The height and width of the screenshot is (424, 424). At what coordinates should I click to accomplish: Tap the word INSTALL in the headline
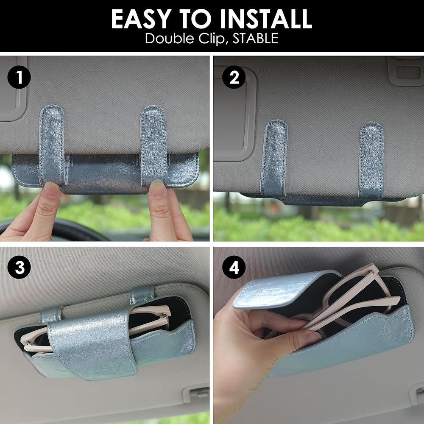pyautogui.click(x=266, y=19)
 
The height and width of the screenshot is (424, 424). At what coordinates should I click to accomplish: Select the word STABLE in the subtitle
pyautogui.click(x=255, y=38)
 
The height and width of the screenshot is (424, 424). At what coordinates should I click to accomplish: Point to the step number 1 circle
pyautogui.click(x=19, y=77)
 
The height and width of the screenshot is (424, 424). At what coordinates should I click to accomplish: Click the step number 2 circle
pyautogui.click(x=234, y=77)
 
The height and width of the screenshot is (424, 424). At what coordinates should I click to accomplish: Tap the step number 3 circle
pyautogui.click(x=19, y=267)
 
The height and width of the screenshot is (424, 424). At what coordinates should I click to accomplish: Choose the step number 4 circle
pyautogui.click(x=234, y=267)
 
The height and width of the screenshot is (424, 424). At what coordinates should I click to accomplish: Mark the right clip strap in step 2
pyautogui.click(x=371, y=160)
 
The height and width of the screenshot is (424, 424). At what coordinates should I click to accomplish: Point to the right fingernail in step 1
pyautogui.click(x=157, y=188)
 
